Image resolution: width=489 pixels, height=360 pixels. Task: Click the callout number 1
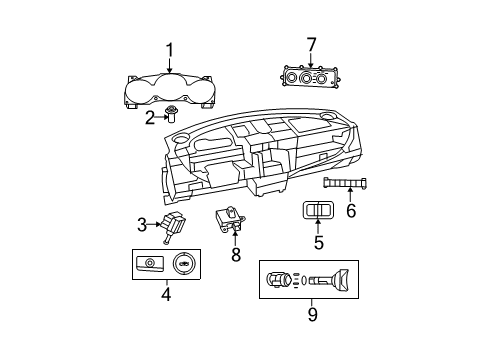[169, 50]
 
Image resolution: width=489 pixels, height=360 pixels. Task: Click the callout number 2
[150, 118]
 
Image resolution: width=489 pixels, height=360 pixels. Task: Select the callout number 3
[143, 223]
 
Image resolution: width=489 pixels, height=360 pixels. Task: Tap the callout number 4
[166, 294]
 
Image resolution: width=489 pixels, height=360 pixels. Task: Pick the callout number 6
[350, 210]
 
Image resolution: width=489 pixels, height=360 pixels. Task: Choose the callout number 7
[311, 44]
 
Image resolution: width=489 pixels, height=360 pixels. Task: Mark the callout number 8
[236, 255]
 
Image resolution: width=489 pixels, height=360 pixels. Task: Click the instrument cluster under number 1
[169, 90]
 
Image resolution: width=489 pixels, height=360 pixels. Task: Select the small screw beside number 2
[173, 113]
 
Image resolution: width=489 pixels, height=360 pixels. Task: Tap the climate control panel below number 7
[311, 77]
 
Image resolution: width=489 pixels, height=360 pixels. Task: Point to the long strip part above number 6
[350, 181]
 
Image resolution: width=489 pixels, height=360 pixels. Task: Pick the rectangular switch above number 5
[318, 210]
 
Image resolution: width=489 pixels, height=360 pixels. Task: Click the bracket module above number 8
[231, 220]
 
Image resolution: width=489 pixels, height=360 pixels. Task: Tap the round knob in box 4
[186, 264]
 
